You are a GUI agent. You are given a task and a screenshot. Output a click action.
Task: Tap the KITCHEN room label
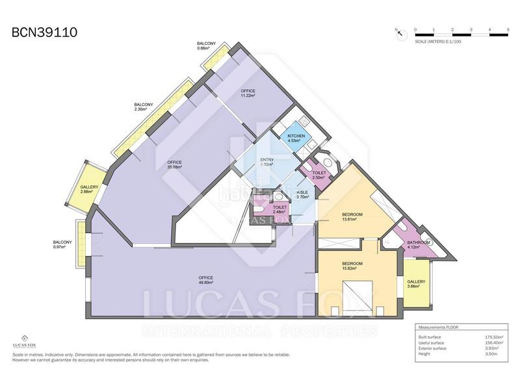[x=296, y=138]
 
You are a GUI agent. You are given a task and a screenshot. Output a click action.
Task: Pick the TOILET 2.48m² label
[x=280, y=209]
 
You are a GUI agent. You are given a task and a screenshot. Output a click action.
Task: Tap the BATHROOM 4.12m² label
[x=419, y=245]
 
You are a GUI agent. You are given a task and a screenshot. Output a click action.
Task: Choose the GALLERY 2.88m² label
[x=89, y=190]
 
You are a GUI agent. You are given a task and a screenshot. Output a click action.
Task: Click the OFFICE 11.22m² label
[x=248, y=93]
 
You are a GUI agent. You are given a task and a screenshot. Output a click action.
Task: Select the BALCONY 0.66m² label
[x=206, y=45]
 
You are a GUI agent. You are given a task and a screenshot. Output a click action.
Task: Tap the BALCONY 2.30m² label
[x=144, y=107]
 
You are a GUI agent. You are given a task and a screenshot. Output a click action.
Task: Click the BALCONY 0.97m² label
[x=62, y=245]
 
